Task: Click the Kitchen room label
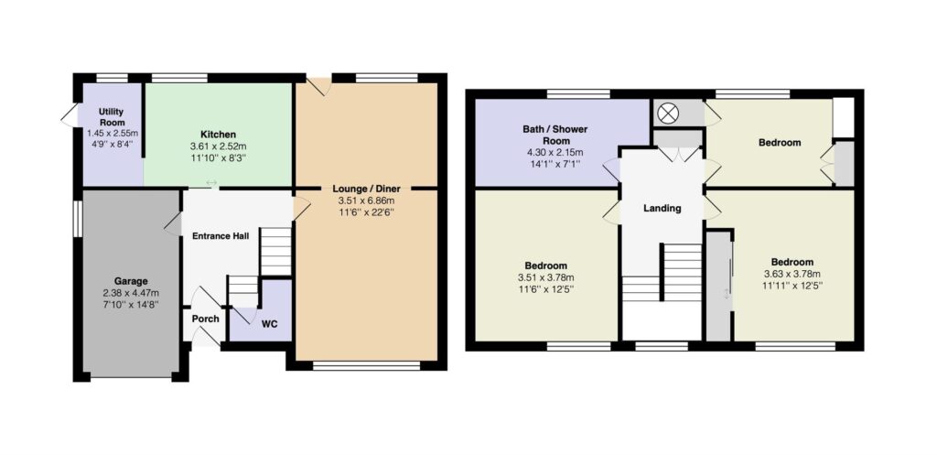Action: tap(218, 135)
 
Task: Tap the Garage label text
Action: tap(131, 281)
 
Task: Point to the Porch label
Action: tap(205, 319)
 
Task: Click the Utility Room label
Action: tap(112, 116)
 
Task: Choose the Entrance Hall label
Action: tap(221, 235)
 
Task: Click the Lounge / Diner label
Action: tap(367, 189)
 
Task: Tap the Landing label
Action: tap(662, 208)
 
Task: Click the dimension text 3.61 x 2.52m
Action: tap(218, 146)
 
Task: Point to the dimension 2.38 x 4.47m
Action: tap(131, 293)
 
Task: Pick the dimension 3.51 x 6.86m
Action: tap(367, 200)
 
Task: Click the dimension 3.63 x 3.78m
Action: tap(792, 275)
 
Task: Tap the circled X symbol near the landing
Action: tap(665, 113)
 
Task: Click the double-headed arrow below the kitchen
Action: tap(211, 183)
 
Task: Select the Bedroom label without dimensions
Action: tap(780, 143)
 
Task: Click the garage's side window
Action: tap(77, 219)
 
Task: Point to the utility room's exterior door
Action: tap(70, 115)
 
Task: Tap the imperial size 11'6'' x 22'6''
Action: tap(367, 212)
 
